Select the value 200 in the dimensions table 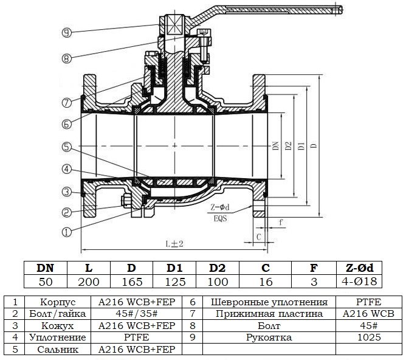88,281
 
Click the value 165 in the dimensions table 131,281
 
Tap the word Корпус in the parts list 57,302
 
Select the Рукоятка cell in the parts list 269,337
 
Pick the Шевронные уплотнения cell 269,302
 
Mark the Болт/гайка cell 57,314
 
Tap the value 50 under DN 44,281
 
